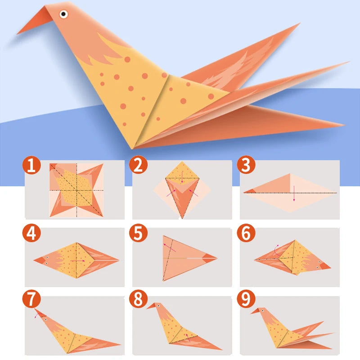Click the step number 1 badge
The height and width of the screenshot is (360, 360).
click(x=31, y=166)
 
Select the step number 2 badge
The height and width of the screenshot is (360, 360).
click(x=138, y=166)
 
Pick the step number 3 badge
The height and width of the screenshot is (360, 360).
click(x=246, y=166)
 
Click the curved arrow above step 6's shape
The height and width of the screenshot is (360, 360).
click(x=276, y=247)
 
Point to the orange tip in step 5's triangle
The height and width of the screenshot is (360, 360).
click(x=210, y=258)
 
